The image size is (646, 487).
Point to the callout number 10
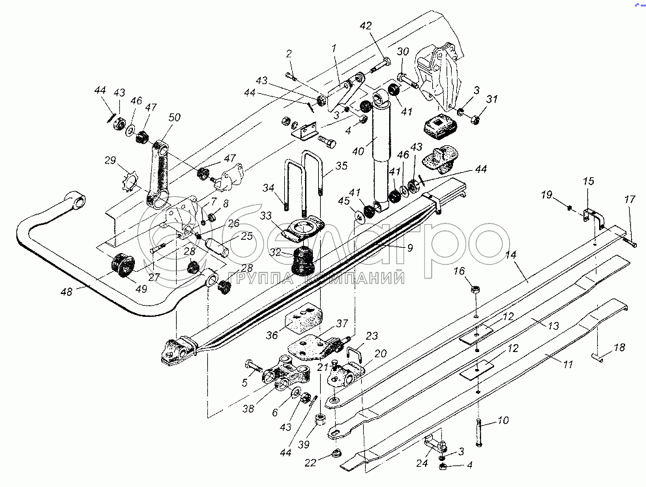pyautogui.click(x=502, y=421)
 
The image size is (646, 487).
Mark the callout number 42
pyautogui.click(x=366, y=25)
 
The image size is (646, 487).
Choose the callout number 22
pyautogui.click(x=310, y=462)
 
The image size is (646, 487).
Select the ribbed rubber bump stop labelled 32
pyautogui.click(x=303, y=259)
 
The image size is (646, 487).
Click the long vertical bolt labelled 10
pyautogui.click(x=479, y=433)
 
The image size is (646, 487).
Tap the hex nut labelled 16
pyautogui.click(x=475, y=289)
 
